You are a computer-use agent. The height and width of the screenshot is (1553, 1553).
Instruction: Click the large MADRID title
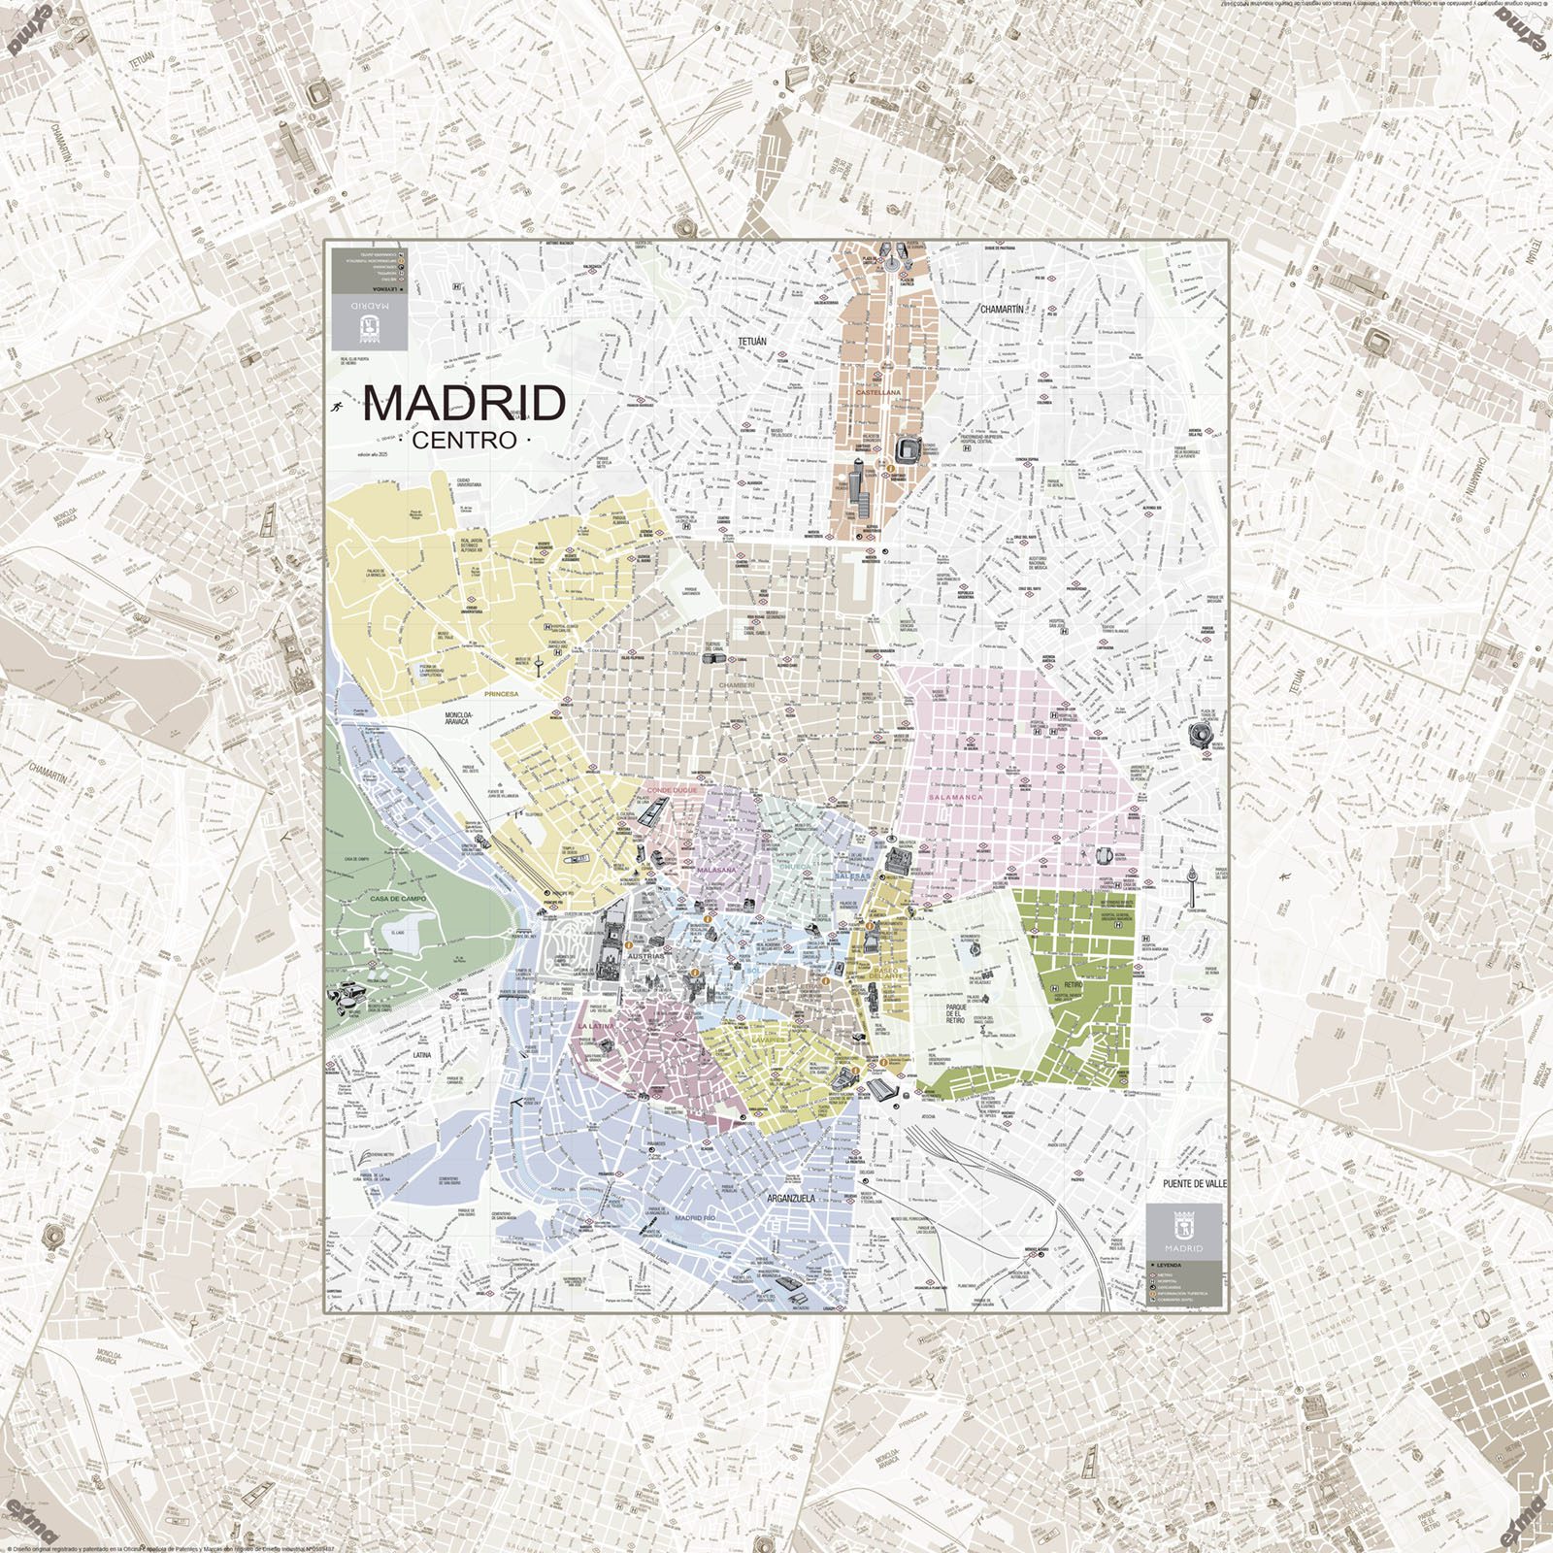click(464, 403)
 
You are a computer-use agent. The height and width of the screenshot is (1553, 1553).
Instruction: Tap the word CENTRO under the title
click(465, 440)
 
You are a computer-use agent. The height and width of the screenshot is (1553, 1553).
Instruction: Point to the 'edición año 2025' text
click(372, 454)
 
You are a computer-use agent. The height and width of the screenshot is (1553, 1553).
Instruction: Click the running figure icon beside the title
click(336, 407)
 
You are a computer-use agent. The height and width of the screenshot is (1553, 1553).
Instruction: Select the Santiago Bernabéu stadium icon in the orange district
click(911, 448)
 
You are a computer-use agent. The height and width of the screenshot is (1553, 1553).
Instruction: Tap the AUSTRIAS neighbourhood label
click(647, 956)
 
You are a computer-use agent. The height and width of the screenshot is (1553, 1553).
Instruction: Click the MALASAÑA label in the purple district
click(717, 870)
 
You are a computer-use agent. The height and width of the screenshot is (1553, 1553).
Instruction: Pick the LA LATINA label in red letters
click(598, 1025)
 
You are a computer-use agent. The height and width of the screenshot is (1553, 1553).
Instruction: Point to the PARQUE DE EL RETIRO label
click(961, 1014)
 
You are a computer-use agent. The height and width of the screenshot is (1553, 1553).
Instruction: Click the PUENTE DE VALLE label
click(1195, 1185)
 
